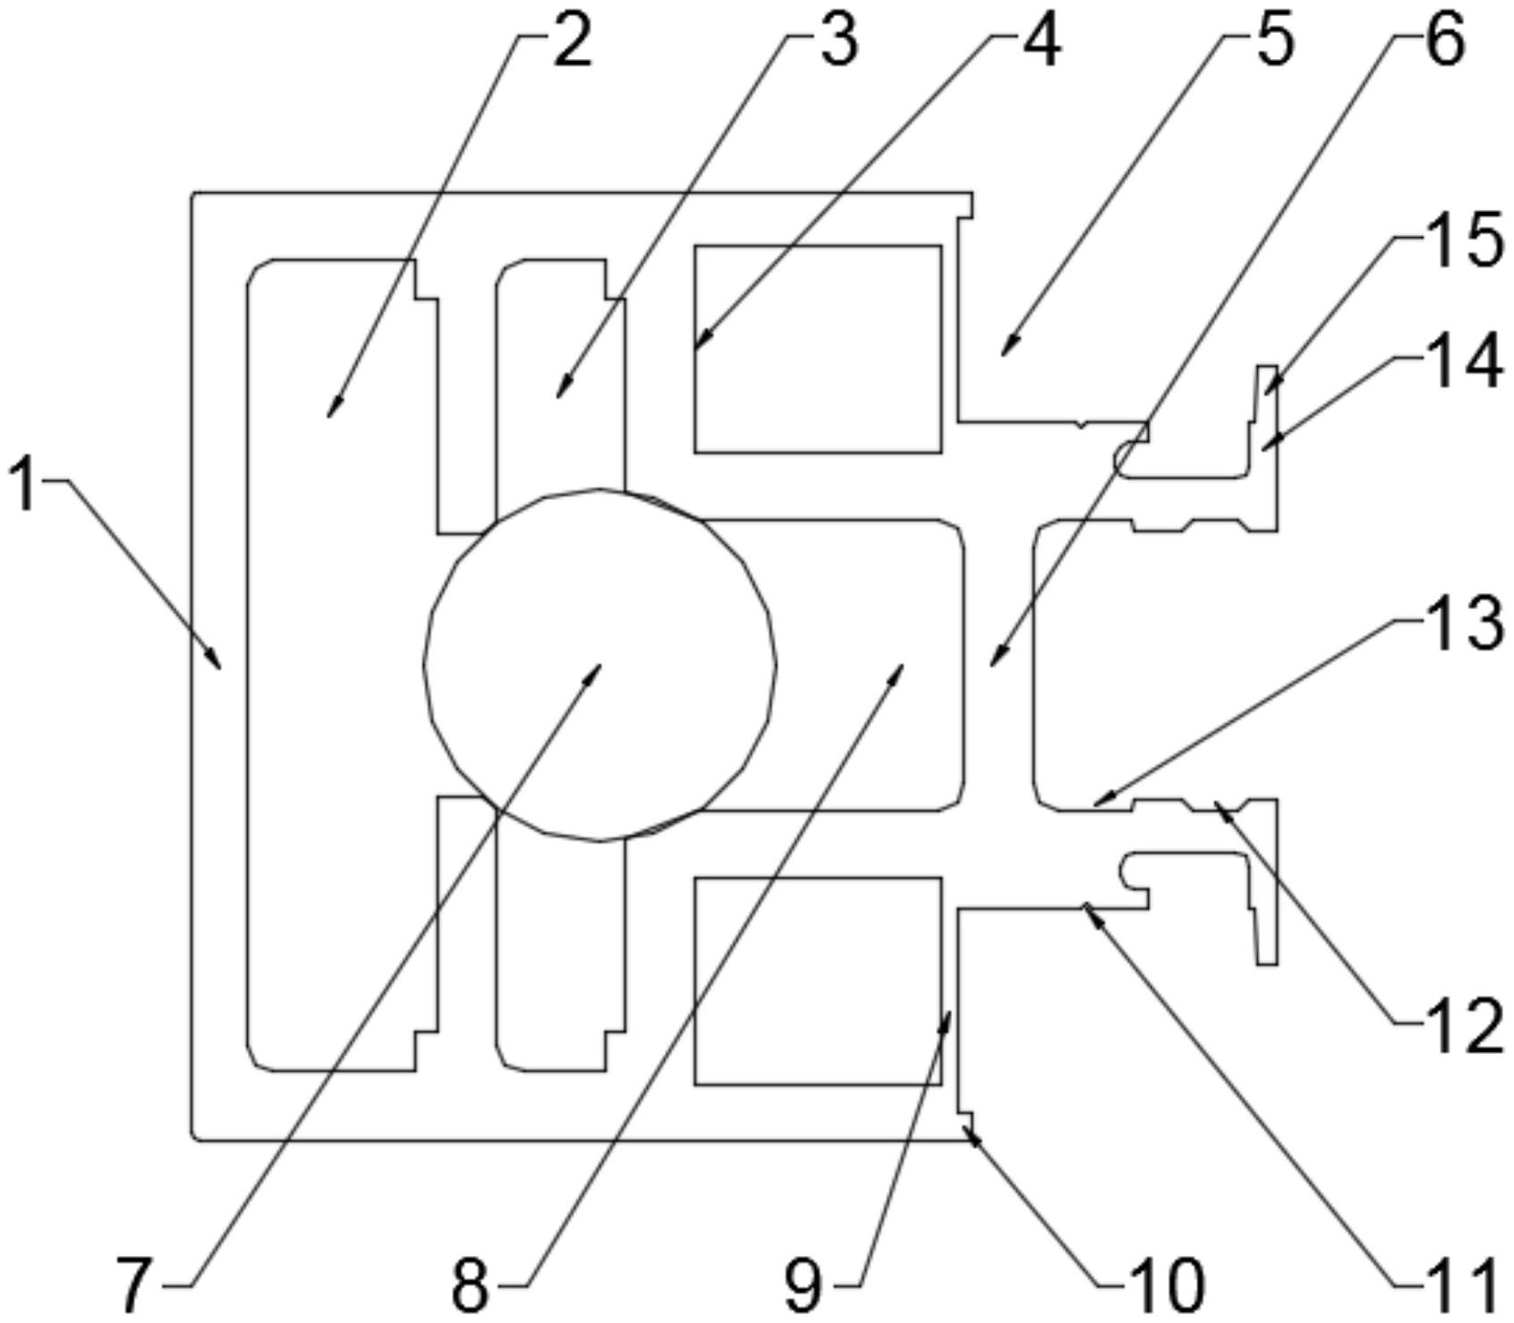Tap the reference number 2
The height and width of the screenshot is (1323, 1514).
pos(572,43)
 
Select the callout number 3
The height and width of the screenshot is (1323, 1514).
pos(838,41)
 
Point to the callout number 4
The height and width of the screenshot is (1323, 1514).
pos(1041,41)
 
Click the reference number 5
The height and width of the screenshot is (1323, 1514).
pos(1273,41)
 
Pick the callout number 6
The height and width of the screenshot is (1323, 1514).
pos(1444,41)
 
